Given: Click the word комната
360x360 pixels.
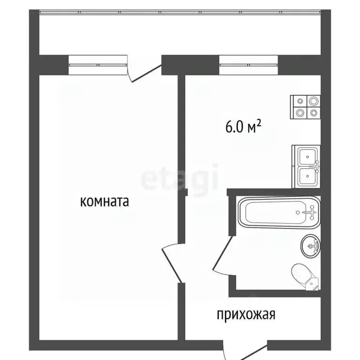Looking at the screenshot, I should pos(105,202).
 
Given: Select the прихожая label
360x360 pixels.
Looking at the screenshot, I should pos(245,314).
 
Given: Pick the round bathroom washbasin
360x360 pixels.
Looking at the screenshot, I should pos(310,245).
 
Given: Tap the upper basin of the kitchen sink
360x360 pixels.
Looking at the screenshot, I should pos(307,155).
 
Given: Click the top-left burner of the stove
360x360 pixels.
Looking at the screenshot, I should pos(300,101).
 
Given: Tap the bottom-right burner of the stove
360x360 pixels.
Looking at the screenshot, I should pos(312,113).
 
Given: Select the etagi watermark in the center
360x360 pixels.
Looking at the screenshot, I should pos(180,178).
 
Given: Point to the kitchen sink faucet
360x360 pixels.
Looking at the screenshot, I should pos(317,165).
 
